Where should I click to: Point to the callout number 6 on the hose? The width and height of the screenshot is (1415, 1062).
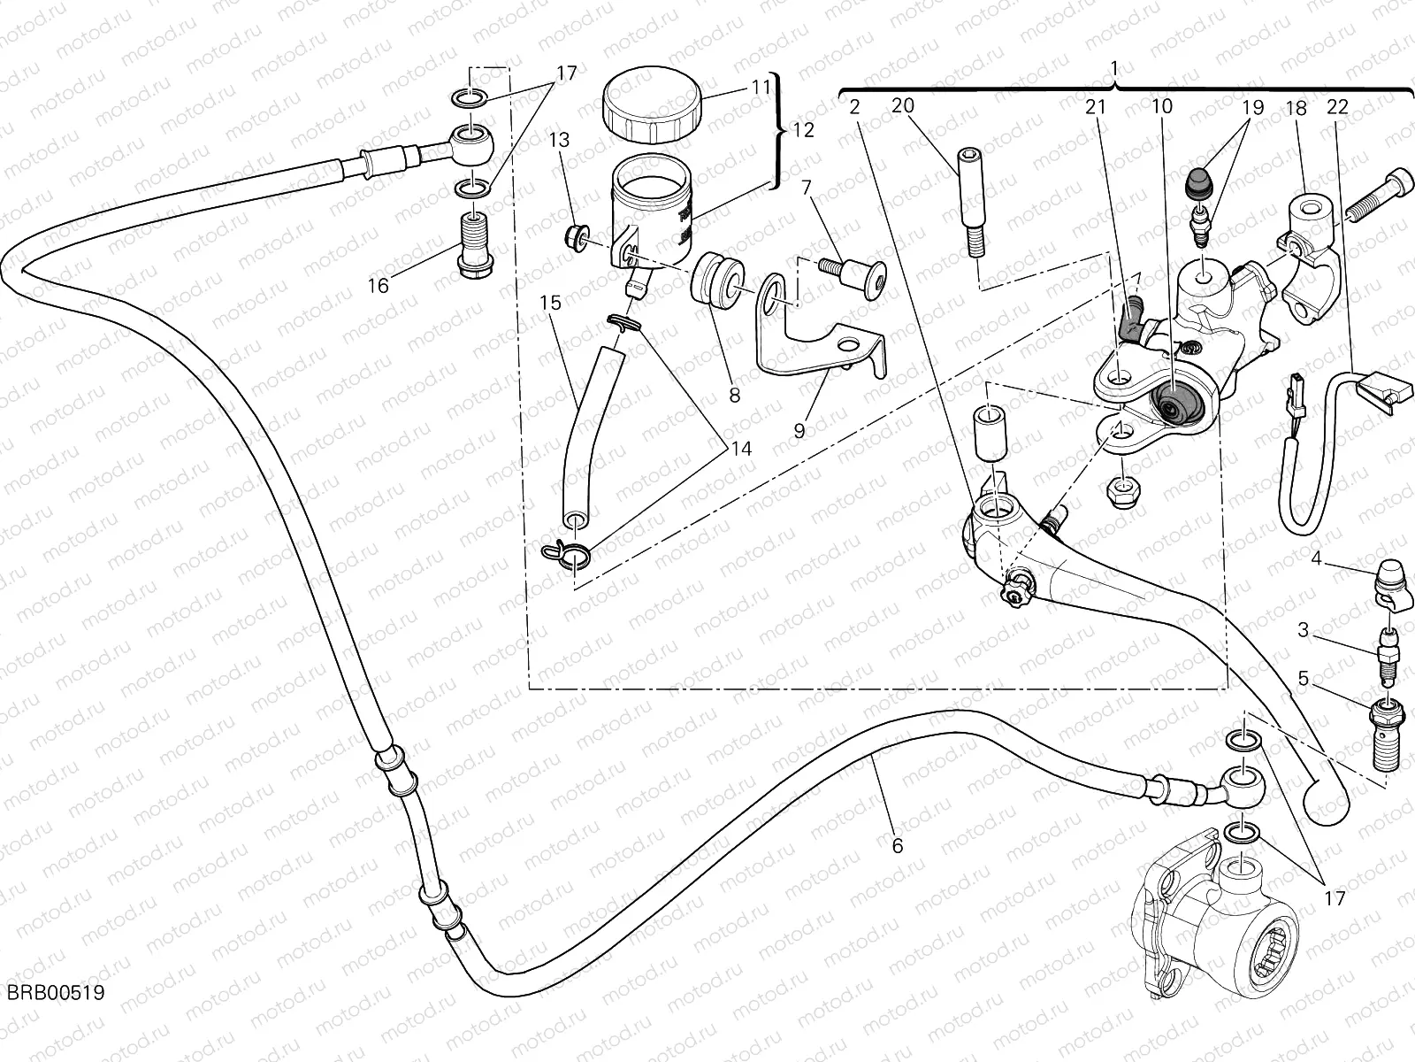pyautogui.click(x=898, y=846)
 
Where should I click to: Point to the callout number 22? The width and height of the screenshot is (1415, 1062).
pyautogui.click(x=1337, y=107)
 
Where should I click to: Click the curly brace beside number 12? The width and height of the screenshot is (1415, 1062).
pyautogui.click(x=778, y=131)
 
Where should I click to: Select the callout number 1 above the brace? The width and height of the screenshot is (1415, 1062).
pyautogui.click(x=1114, y=68)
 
